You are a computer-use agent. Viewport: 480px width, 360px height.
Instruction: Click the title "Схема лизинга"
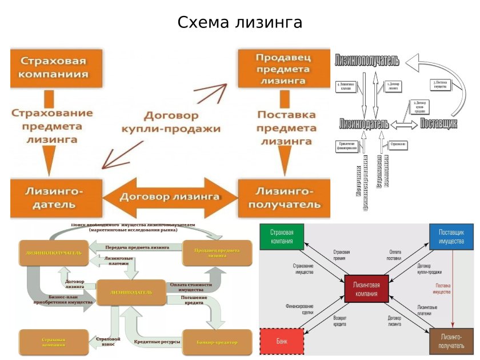(239, 23)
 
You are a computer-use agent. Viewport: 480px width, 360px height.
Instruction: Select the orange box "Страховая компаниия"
(55, 67)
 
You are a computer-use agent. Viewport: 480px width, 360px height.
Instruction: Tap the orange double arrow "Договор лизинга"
(170, 197)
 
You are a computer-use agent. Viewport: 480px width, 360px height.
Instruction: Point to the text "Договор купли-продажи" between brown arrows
(170, 121)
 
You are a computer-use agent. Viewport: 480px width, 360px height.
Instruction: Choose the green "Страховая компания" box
(282, 237)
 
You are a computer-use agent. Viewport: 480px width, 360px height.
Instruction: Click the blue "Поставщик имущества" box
(451, 237)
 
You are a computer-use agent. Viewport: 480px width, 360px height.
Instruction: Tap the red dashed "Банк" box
(282, 341)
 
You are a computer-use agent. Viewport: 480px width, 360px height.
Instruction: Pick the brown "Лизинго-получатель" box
(451, 341)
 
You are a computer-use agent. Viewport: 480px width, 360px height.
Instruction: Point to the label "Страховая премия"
(341, 255)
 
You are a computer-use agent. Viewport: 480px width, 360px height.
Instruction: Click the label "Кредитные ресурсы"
(157, 342)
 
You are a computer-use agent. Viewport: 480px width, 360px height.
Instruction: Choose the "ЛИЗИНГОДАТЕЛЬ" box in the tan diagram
(131, 292)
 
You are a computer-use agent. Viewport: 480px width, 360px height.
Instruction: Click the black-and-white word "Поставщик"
(438, 123)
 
